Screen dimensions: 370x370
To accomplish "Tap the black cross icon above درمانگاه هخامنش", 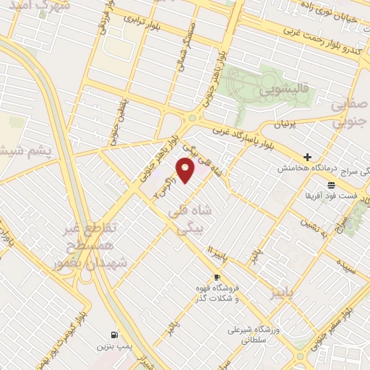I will coord(307,156).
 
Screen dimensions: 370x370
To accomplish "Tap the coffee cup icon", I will coord(217,277).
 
